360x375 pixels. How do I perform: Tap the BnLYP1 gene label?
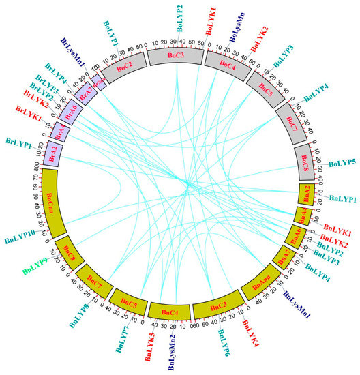[343, 198]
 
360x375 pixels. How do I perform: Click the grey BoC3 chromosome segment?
[175, 55]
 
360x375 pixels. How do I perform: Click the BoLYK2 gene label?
[260, 37]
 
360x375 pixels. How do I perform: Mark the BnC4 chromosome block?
[170, 312]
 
